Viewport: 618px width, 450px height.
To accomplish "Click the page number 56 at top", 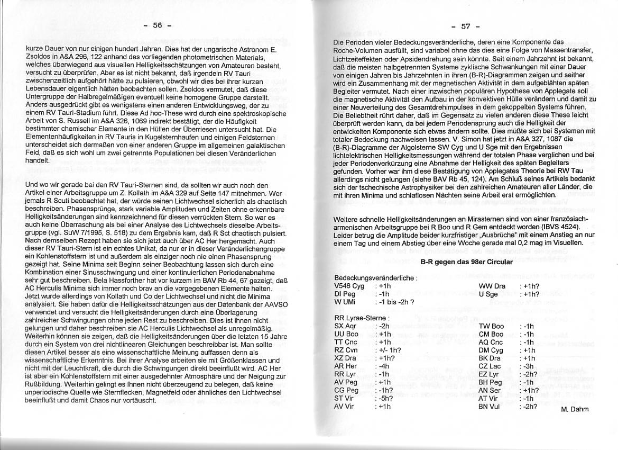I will pos(157,25).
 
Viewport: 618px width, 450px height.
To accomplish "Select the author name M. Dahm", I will pos(575,409).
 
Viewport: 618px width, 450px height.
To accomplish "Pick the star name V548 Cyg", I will pos(349,286).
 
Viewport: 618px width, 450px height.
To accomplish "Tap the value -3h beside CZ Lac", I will pos(528,366).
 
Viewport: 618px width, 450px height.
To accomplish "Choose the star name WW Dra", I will pos(492,286).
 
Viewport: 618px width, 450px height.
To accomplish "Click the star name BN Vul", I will pos(489,407).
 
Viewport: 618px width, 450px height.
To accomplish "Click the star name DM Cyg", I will pos(491,350).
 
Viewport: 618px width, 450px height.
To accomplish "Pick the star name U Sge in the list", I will pos(488,294).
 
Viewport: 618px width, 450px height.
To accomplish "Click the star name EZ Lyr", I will pos(488,374).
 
